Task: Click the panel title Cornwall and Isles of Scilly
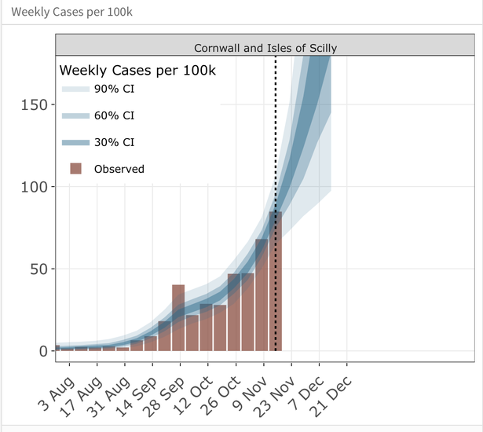[x=265, y=48]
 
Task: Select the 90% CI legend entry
[x=114, y=90]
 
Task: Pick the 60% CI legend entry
[x=114, y=115]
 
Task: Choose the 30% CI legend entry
[x=114, y=142]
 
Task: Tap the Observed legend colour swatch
[x=75, y=168]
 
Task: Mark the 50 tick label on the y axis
[x=39, y=269]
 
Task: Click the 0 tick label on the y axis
[x=44, y=351]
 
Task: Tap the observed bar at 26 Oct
[x=234, y=314]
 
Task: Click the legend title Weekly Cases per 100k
[x=138, y=70]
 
